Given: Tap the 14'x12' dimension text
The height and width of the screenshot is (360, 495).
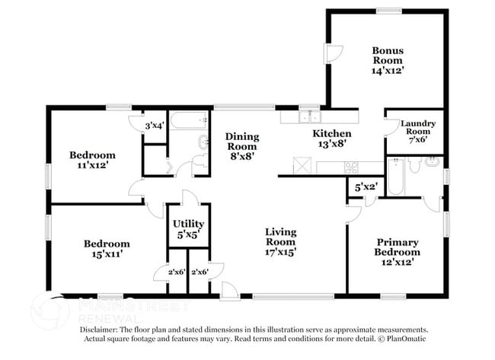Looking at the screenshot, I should (387, 69).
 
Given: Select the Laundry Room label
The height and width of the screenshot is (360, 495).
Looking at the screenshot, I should (417, 127).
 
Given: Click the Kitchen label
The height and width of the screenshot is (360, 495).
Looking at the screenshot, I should (332, 132).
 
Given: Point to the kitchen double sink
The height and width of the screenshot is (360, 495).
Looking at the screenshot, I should (310, 117).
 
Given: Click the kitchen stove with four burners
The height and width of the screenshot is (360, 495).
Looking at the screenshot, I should (353, 167).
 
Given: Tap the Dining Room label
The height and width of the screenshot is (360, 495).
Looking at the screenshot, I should (242, 142).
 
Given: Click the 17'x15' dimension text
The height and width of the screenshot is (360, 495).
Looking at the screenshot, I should (280, 250).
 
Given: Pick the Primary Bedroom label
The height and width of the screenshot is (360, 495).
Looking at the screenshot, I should (397, 247).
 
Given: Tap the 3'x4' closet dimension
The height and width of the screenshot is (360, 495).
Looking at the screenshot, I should (155, 126).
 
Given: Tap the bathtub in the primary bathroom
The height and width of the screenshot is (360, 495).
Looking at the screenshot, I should (396, 176).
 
